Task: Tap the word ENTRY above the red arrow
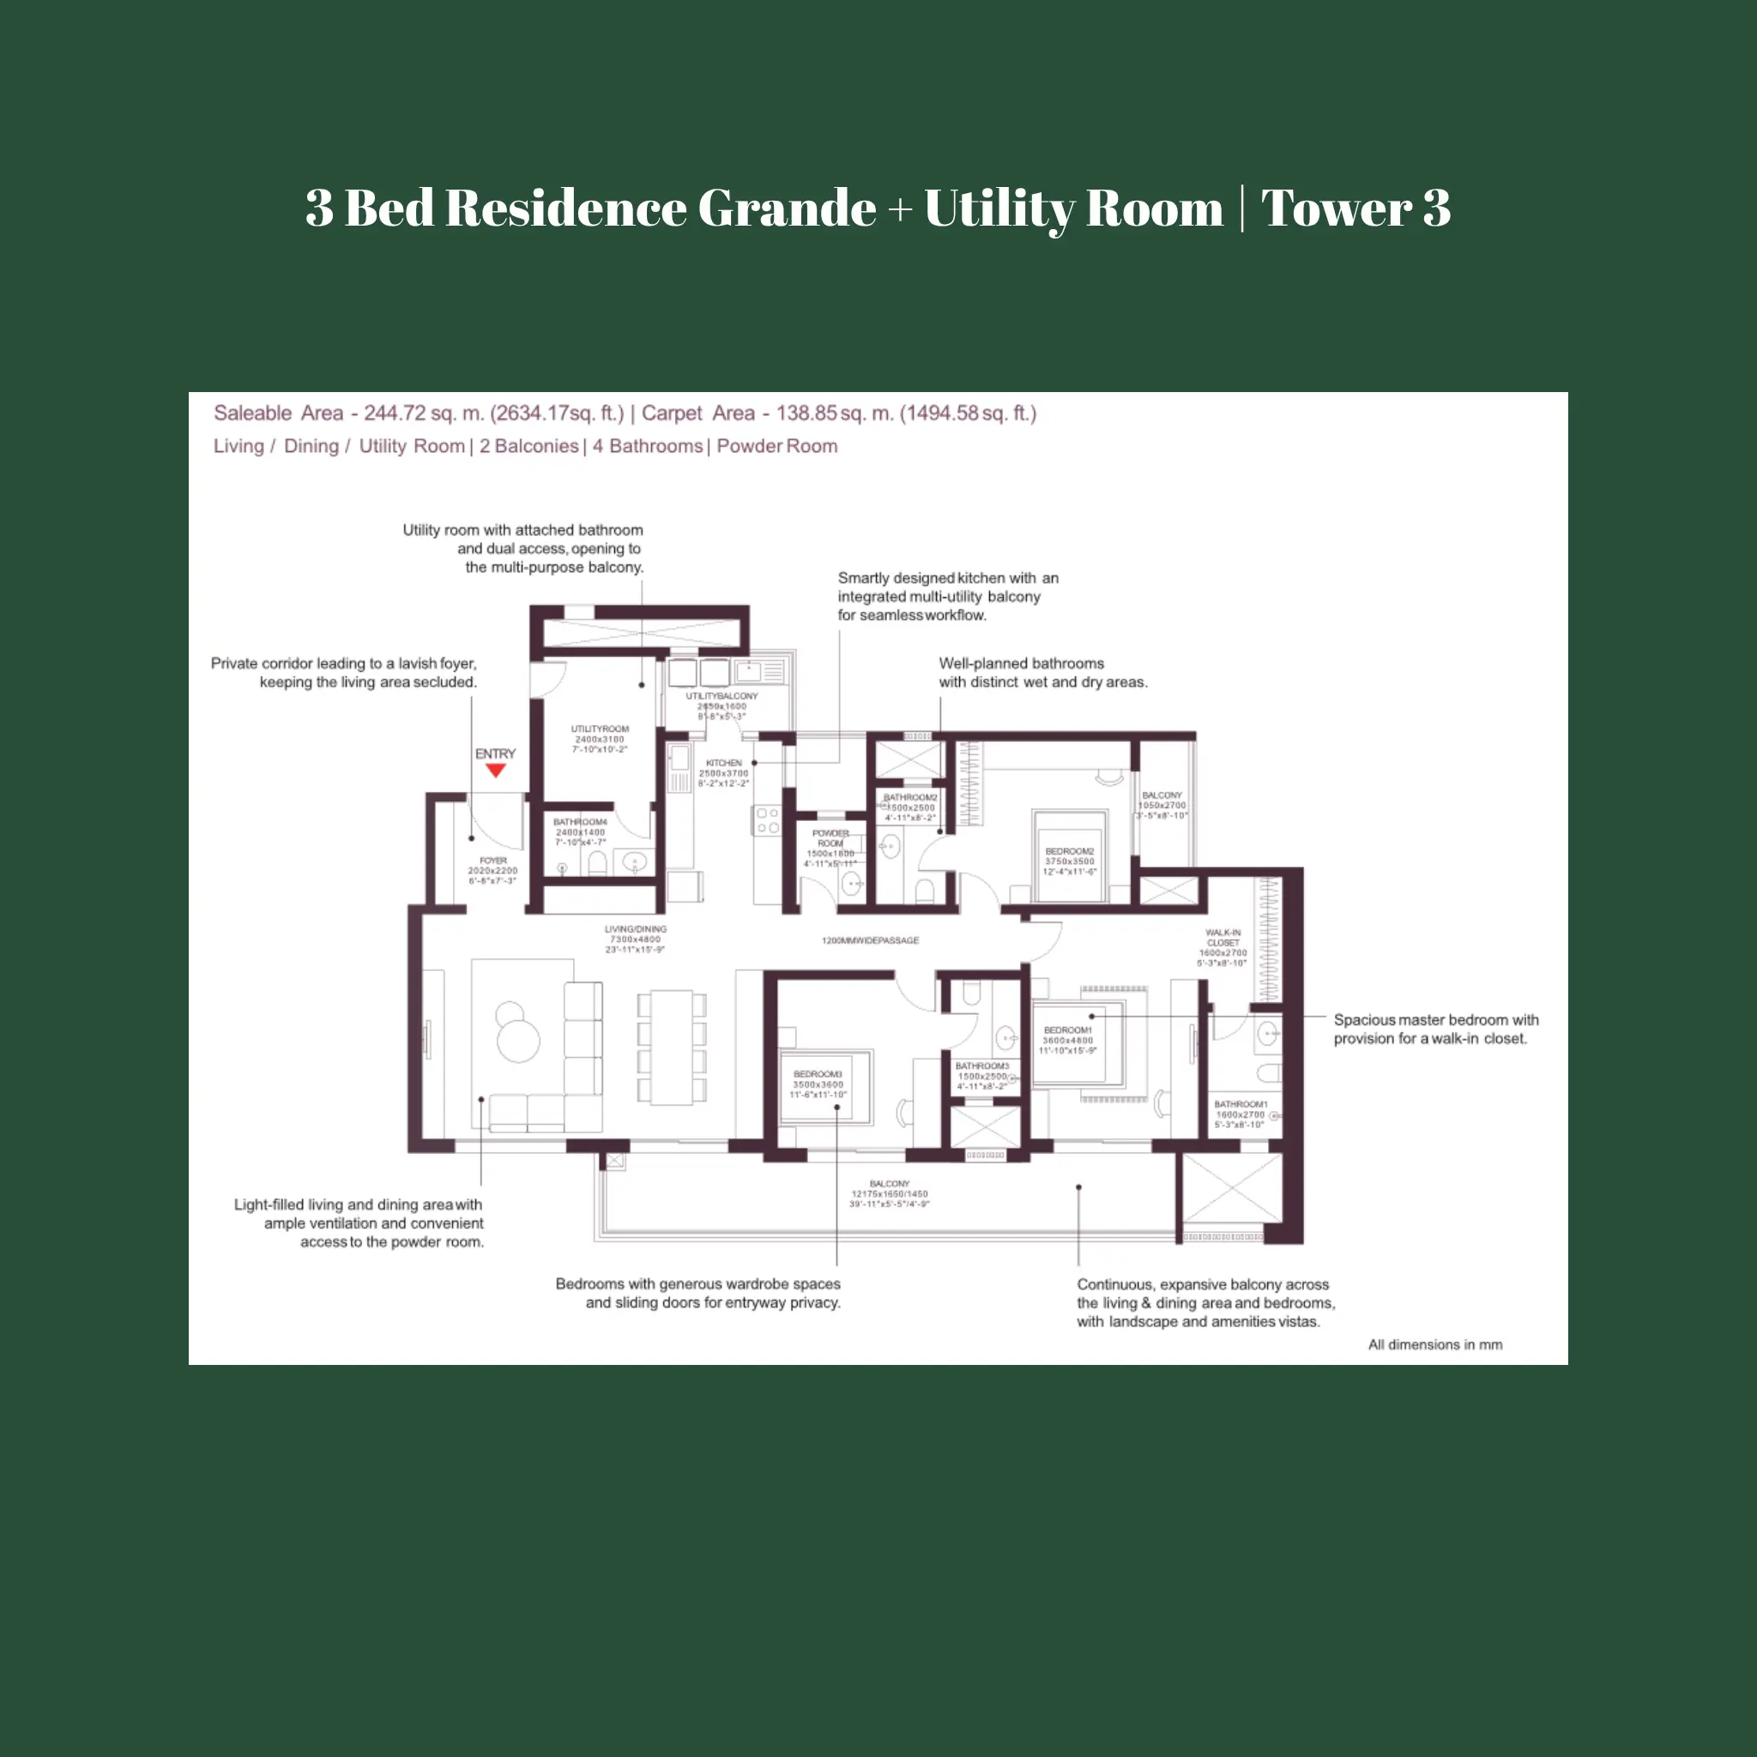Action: pyautogui.click(x=495, y=754)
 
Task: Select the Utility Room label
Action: pyautogui.click(x=600, y=729)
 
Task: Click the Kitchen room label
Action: pyautogui.click(x=724, y=763)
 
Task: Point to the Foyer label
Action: pyautogui.click(x=493, y=860)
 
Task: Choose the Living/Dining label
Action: pyautogui.click(x=635, y=929)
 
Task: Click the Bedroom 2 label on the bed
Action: pyautogui.click(x=1070, y=852)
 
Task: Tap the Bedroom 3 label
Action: pyautogui.click(x=818, y=1074)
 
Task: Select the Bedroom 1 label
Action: pyautogui.click(x=1067, y=1030)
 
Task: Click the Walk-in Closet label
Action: pyautogui.click(x=1223, y=938)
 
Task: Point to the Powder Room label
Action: pyautogui.click(x=830, y=837)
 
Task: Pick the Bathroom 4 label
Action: pyautogui.click(x=580, y=822)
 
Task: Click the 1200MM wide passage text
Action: pyautogui.click(x=870, y=940)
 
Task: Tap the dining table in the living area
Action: pyautogui.click(x=672, y=1047)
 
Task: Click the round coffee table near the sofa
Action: pyautogui.click(x=517, y=1040)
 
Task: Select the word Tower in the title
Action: pyautogui.click(x=1336, y=208)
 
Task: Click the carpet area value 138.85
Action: pyautogui.click(x=806, y=413)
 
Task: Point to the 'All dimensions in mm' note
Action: pyautogui.click(x=1435, y=1344)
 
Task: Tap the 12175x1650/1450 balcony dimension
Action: pyautogui.click(x=889, y=1194)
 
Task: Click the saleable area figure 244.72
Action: pyautogui.click(x=395, y=413)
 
